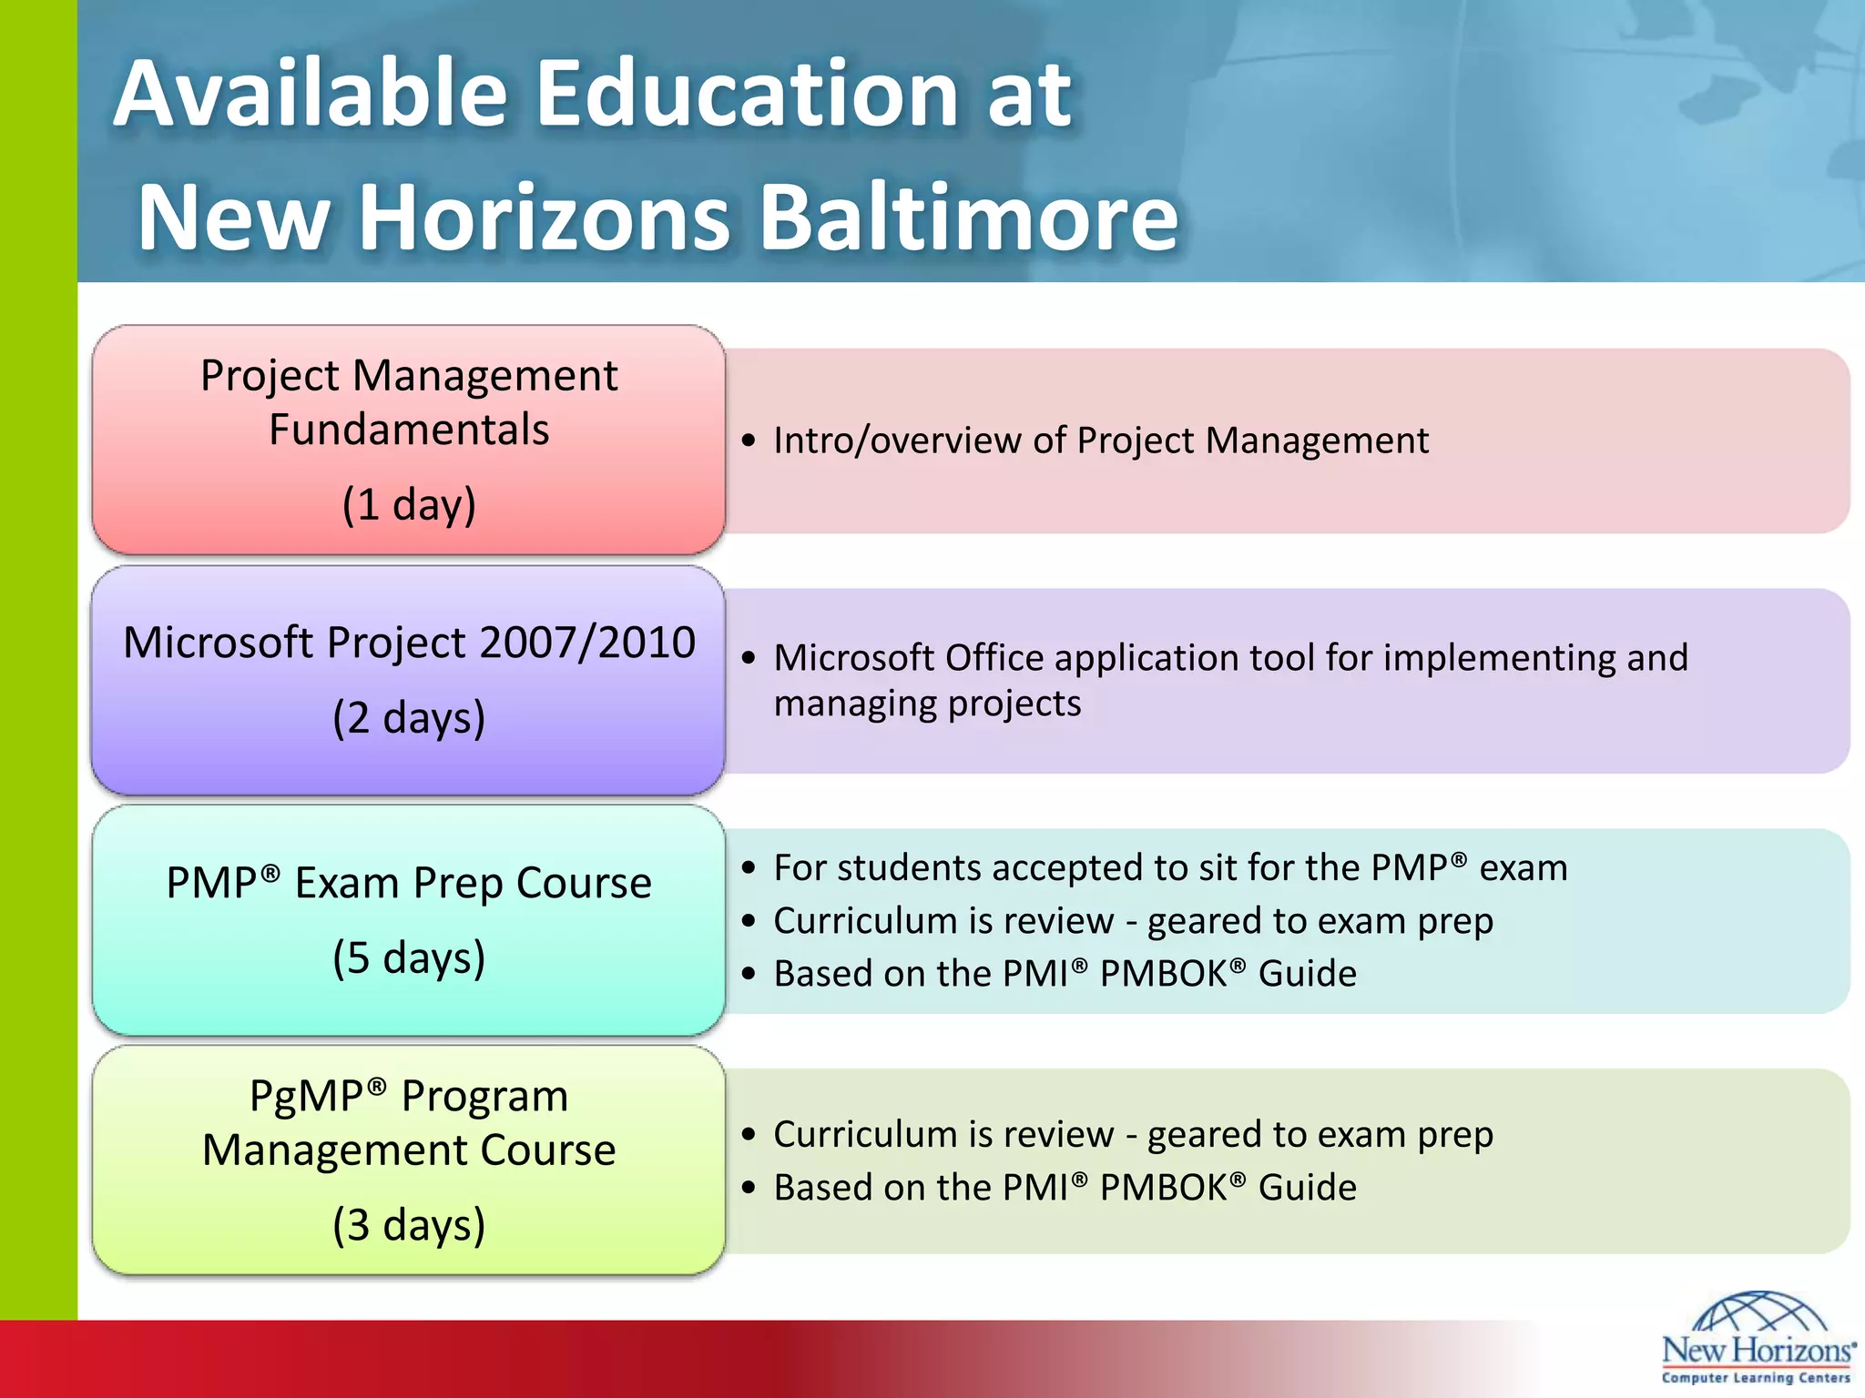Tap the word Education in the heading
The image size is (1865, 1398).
[745, 93]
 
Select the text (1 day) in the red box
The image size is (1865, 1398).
[409, 504]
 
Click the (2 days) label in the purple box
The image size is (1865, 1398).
[409, 718]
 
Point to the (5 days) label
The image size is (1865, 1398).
[409, 957]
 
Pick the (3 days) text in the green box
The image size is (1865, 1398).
[409, 1225]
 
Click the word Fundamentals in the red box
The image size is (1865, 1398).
[409, 430]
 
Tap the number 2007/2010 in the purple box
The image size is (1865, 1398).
[586, 643]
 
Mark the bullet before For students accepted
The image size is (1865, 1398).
[749, 869]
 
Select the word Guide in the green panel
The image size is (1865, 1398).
[1307, 1188]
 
